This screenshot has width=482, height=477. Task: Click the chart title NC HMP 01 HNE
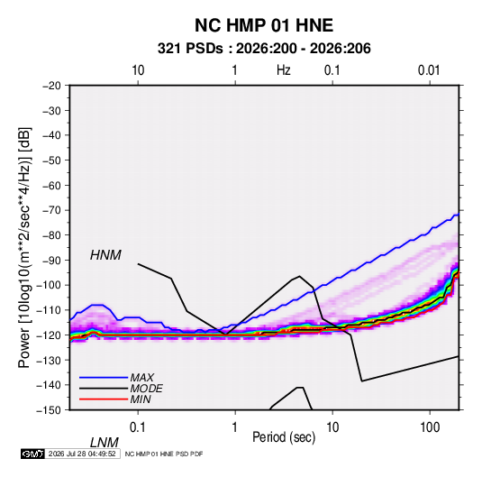pos(264,25)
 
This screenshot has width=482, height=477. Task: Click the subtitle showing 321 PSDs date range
pos(264,49)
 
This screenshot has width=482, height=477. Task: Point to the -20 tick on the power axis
pos(51,86)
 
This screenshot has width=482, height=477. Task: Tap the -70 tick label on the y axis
pos(51,210)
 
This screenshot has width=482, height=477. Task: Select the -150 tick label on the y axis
pos(49,410)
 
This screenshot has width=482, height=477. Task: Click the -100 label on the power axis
pos(49,285)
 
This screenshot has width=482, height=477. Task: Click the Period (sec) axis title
pos(284,437)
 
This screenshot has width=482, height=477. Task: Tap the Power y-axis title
pos(24,247)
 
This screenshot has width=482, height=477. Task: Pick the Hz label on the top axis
pos(284,70)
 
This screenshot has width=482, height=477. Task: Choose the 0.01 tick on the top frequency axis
pos(429,70)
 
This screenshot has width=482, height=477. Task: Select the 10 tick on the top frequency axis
pos(138,70)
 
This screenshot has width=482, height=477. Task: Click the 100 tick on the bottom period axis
pos(430,427)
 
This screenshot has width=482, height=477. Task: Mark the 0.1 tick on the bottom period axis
pos(138,427)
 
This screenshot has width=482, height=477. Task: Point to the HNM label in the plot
pos(105,255)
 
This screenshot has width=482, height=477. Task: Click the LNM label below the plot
pos(104,443)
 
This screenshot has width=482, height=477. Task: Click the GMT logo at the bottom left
pos(32,454)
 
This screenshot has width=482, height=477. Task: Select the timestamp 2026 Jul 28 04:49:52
pos(82,454)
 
